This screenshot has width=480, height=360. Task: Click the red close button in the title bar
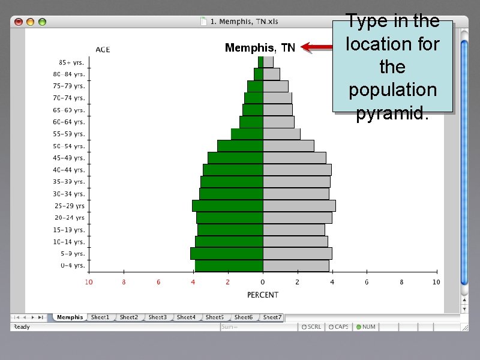19,22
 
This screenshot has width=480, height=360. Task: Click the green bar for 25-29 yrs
227,206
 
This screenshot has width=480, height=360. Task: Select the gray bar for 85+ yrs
268,62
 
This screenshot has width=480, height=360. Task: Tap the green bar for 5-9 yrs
226,253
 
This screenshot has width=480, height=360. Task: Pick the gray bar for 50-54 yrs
288,146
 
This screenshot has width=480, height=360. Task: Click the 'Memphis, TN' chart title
260,48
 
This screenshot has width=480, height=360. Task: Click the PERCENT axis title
263,295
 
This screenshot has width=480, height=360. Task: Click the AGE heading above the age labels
103,50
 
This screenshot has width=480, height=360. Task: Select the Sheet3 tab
157,317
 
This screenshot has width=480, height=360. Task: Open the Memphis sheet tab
70,317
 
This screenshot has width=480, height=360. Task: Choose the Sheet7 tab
272,317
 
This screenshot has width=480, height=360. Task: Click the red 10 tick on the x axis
88,282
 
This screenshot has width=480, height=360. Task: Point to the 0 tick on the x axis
262,282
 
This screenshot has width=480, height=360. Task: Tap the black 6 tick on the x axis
367,282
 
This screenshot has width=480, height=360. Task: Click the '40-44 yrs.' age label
69,170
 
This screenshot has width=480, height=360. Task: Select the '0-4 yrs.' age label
73,265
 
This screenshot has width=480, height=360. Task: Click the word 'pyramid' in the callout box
392,113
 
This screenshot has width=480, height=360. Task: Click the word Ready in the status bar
22,327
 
